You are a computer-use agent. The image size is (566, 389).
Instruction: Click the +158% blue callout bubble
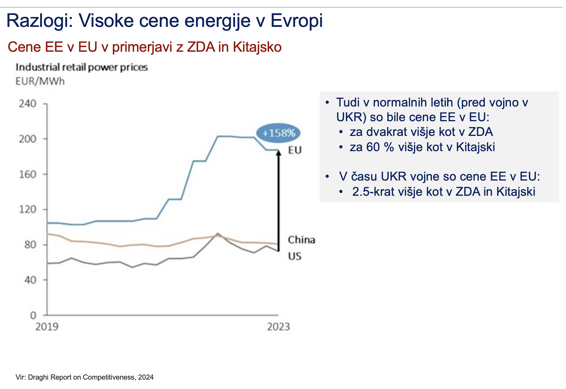(278, 133)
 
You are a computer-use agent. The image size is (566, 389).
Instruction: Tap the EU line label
(295, 150)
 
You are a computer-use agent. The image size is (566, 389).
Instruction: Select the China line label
(301, 240)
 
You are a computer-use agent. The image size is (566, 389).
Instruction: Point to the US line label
(295, 256)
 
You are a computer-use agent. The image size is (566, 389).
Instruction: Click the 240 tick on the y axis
(28, 104)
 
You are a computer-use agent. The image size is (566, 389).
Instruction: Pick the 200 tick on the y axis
(28, 139)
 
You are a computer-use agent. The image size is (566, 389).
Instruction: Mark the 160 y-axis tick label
(28, 174)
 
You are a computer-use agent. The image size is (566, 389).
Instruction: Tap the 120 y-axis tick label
(28, 209)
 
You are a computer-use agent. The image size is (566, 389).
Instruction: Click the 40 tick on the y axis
(30, 280)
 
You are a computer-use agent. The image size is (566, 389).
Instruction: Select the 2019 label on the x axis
(47, 327)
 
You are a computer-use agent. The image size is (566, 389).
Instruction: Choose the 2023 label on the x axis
(278, 327)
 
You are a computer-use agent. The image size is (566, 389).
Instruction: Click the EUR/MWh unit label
(40, 81)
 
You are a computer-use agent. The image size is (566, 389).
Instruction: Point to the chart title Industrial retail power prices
(82, 67)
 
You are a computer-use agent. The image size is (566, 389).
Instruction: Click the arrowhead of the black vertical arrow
(278, 152)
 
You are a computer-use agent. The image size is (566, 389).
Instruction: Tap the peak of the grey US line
(218, 233)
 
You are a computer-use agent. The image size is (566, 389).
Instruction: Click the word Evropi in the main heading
(296, 21)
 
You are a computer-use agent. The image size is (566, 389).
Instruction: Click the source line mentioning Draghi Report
(84, 377)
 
